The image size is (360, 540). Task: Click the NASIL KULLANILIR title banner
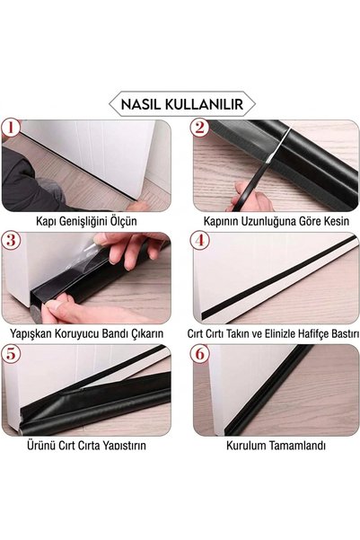(x=182, y=103)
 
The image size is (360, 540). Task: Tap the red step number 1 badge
(x=11, y=128)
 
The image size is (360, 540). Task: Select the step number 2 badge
(x=199, y=128)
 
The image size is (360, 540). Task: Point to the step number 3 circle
(x=11, y=240)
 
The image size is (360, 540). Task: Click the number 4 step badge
(x=199, y=240)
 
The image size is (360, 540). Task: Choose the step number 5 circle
(x=11, y=354)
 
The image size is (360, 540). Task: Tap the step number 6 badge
(x=199, y=354)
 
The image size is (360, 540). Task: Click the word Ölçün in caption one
(x=123, y=221)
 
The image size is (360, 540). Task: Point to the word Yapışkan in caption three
(x=31, y=333)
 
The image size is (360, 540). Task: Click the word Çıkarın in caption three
(x=147, y=333)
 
